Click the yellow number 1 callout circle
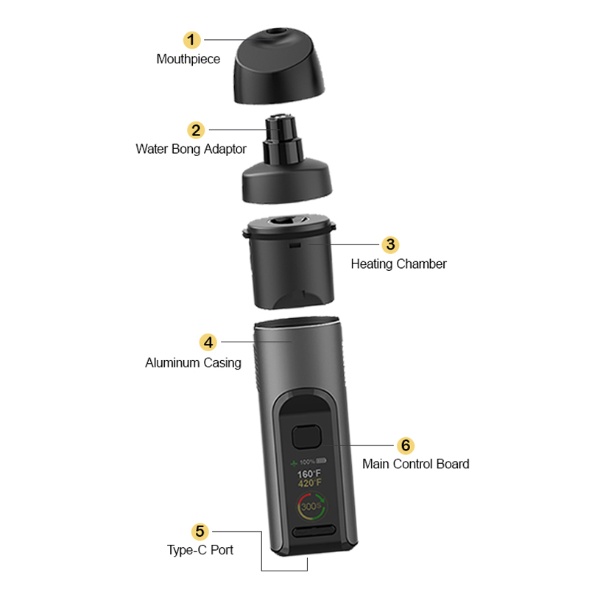coord(192,40)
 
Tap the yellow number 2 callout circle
coord(196,130)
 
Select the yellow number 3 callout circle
coord(390,244)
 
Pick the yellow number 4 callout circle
coord(208,342)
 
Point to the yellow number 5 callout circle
coord(200,532)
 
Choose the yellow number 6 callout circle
coord(406,445)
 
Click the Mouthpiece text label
coord(188,59)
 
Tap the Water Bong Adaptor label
coord(191,149)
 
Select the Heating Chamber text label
coord(398,264)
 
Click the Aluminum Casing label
coord(193,363)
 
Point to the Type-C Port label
coord(200,550)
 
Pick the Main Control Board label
coord(415,464)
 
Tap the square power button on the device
coord(307,437)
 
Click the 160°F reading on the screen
coord(309,474)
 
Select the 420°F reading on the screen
coord(310,483)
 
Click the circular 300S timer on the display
coord(311,507)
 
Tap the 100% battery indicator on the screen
coord(308,462)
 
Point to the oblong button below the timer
coord(314,531)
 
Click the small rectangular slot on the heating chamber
coord(295,245)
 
